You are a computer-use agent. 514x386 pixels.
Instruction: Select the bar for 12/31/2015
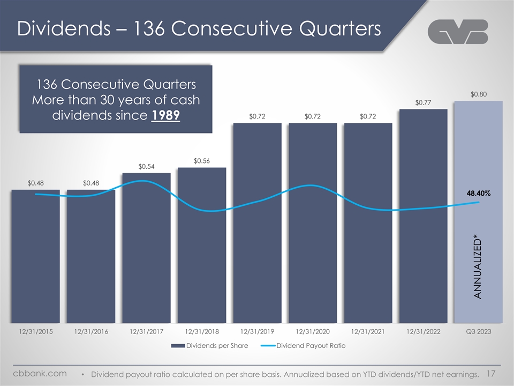35,257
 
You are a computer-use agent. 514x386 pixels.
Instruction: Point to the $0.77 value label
423,102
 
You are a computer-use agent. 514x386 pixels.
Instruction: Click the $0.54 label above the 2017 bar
146,166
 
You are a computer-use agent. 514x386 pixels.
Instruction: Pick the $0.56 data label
202,160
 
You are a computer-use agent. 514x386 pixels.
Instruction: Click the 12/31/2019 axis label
258,332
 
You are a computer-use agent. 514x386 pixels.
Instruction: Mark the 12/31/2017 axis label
146,332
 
